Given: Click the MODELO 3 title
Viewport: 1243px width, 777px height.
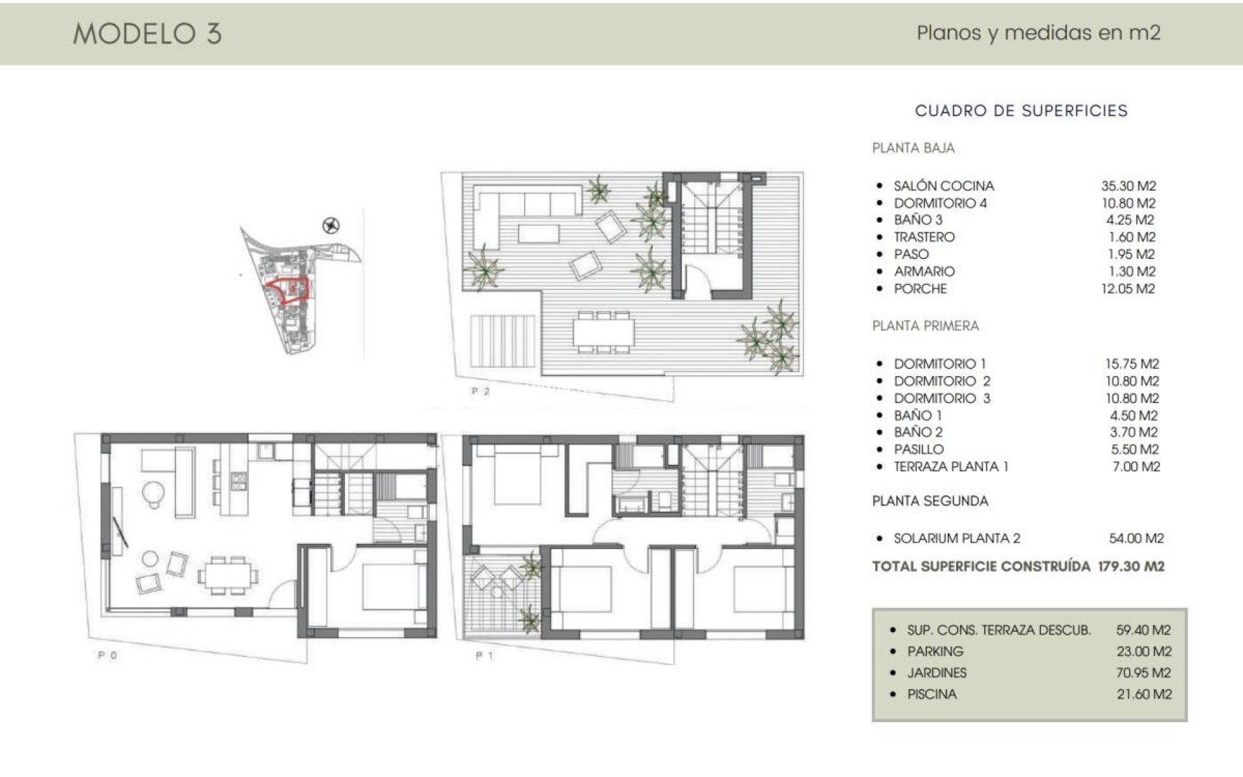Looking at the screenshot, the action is point(148,33).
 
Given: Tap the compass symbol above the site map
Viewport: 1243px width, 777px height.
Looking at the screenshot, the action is point(331,225).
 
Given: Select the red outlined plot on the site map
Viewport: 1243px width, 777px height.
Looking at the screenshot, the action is point(288,291).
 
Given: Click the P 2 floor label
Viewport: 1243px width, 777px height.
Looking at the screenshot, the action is point(480,391).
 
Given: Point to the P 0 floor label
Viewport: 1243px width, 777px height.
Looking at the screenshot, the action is point(107,655).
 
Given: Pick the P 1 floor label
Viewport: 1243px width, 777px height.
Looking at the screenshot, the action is point(484,656).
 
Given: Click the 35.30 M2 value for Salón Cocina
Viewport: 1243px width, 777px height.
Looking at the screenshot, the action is point(1128,186).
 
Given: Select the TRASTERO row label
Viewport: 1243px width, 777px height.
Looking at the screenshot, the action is point(924,237).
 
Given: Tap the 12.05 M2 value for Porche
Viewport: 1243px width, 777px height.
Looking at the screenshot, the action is point(1128,289).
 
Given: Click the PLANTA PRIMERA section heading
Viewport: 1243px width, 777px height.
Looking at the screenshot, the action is point(925,326).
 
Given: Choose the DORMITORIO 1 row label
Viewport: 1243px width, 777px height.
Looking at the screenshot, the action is point(939,364).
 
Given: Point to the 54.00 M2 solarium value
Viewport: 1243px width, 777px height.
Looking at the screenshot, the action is point(1136,538).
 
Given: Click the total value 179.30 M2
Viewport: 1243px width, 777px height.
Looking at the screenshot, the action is point(1131,567).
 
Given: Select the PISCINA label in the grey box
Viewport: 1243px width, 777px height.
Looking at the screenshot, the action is point(932,694).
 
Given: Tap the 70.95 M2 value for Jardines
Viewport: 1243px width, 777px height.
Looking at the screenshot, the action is point(1143,673).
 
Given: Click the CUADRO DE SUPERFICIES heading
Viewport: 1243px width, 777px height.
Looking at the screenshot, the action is point(1021,111).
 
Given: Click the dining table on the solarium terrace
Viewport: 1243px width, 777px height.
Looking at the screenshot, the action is point(603,332).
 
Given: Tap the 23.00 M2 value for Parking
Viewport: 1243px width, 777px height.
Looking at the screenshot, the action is point(1144,651).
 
